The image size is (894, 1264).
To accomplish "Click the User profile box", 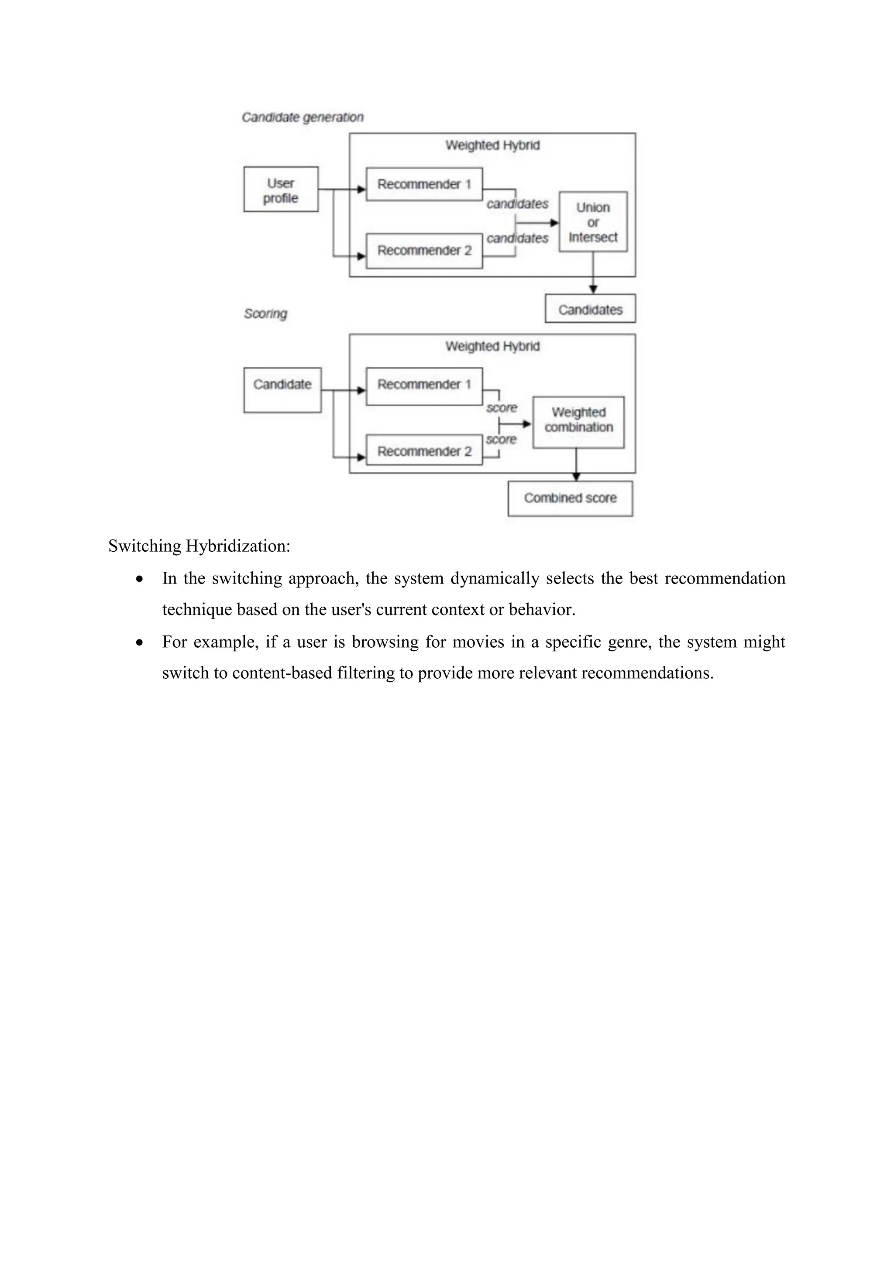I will click(x=281, y=189).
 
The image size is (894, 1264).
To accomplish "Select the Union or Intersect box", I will click(x=593, y=222).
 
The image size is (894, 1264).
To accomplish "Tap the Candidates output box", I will click(x=590, y=309).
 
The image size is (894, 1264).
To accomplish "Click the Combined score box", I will click(x=570, y=498).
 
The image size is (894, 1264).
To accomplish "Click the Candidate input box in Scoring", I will click(x=282, y=390).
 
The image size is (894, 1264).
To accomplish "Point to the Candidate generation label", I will click(x=303, y=117).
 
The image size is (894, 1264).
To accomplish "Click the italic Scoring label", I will click(x=265, y=314).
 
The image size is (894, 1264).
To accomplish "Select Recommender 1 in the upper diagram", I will click(x=424, y=185).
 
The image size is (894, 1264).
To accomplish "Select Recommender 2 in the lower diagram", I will click(x=424, y=451).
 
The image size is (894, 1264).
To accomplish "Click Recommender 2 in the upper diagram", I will click(x=424, y=251).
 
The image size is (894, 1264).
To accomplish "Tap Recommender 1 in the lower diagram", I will click(x=424, y=385).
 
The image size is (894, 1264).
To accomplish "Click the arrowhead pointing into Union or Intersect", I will click(x=554, y=223).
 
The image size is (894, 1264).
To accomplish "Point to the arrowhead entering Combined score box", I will click(x=576, y=477).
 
